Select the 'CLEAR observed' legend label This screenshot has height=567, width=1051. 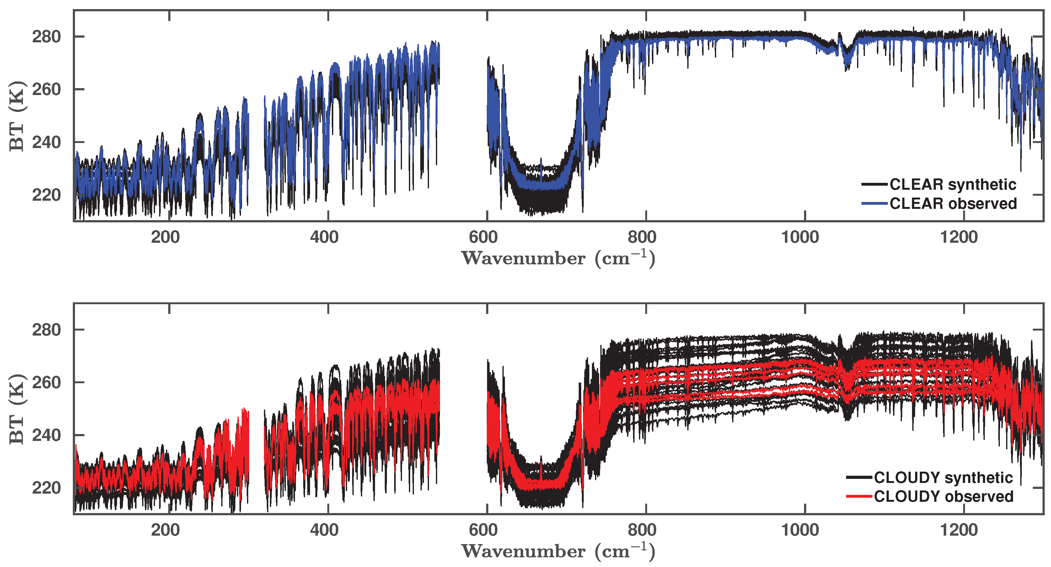click(x=953, y=204)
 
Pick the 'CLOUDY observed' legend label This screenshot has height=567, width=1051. click(x=943, y=496)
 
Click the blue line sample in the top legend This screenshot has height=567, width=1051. click(x=874, y=204)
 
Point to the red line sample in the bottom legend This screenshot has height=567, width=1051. click(x=859, y=496)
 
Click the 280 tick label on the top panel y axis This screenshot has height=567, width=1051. click(x=46, y=37)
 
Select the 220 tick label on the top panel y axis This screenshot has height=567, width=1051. click(x=46, y=195)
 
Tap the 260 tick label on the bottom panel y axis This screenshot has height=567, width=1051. click(x=46, y=383)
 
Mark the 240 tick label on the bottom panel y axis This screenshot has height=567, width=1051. click(x=46, y=435)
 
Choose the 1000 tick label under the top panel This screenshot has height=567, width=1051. click(x=800, y=237)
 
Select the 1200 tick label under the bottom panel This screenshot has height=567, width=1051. click(x=959, y=530)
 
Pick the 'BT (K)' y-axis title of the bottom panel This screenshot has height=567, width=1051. click(x=17, y=409)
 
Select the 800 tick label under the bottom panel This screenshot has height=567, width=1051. click(x=642, y=530)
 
